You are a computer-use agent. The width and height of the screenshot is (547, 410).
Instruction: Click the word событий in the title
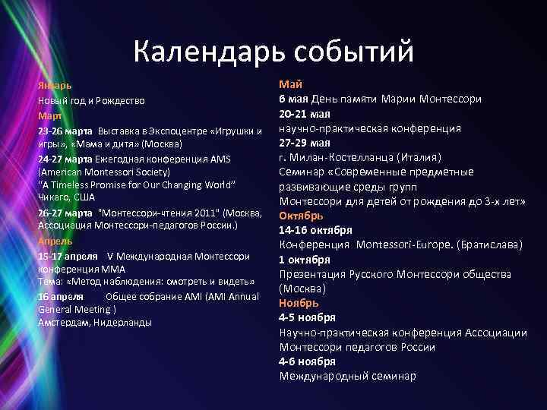tap(352, 52)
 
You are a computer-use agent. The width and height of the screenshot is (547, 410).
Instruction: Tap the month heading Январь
tap(55, 87)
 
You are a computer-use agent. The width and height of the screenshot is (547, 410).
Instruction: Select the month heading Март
tap(50, 116)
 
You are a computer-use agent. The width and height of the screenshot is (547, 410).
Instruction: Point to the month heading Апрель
tap(55, 241)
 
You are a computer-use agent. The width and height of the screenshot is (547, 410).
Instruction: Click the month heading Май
tap(291, 84)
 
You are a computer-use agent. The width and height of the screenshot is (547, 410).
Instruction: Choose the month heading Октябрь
tap(301, 216)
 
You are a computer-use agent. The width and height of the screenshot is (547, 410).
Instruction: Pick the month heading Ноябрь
tap(299, 303)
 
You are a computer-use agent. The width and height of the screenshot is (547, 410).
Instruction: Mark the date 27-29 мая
tap(304, 142)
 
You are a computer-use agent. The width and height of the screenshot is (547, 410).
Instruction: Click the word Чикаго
tap(53, 197)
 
